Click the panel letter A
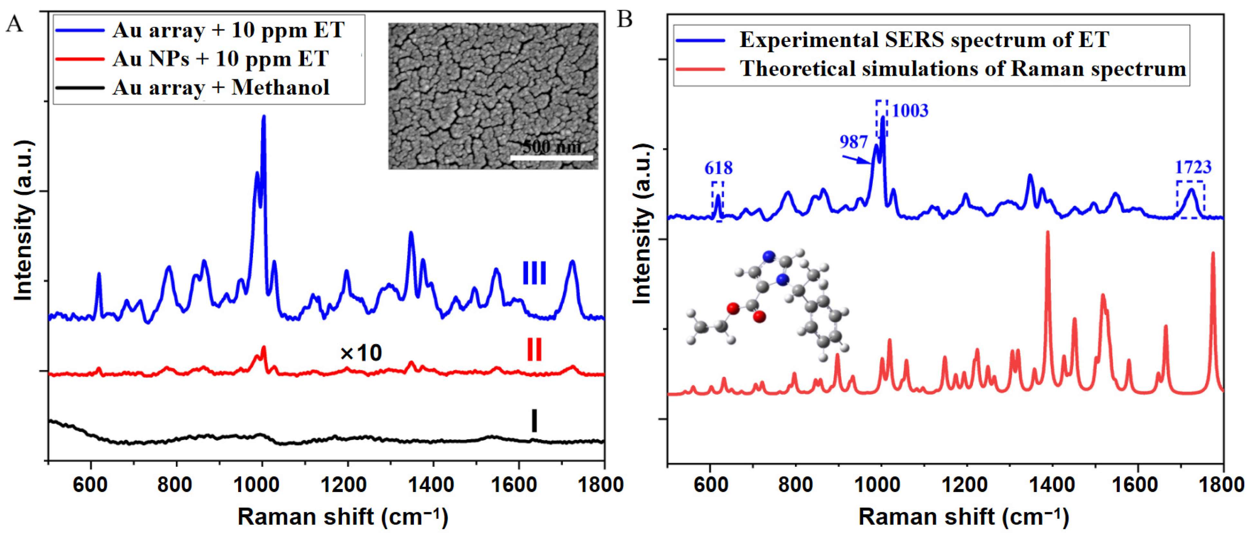(14, 23)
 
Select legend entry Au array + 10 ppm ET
(228, 30)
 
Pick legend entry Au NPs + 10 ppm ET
(220, 59)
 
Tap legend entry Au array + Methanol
(221, 87)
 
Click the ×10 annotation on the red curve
(361, 353)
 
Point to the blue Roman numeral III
(534, 273)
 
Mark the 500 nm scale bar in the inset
(552, 158)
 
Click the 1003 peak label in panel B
(910, 111)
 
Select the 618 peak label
(718, 168)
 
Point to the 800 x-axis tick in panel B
(795, 484)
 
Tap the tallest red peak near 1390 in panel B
(1047, 233)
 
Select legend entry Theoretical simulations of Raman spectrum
(963, 69)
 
